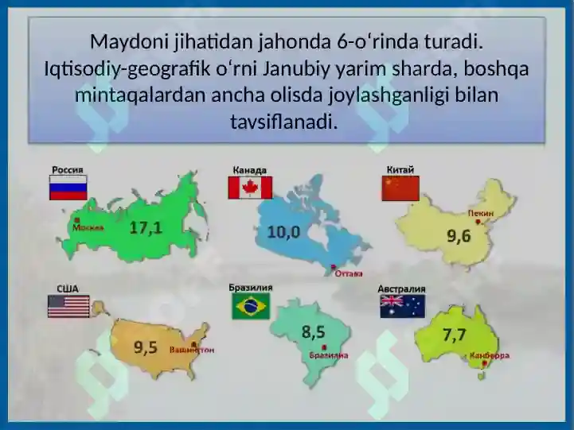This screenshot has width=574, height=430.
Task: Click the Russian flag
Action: (x=68, y=188)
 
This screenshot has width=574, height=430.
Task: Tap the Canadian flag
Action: (x=250, y=188)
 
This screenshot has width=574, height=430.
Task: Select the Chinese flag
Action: (x=400, y=188)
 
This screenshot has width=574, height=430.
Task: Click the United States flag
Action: (x=68, y=306)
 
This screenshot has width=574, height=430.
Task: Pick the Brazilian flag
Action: (x=251, y=306)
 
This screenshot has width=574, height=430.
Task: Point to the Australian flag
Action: (x=403, y=306)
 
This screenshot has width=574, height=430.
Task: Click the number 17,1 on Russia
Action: (x=146, y=228)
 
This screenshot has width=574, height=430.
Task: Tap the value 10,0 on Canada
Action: (x=283, y=232)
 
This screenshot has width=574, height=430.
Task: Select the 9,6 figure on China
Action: (x=459, y=236)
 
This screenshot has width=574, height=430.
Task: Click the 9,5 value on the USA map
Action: (x=146, y=347)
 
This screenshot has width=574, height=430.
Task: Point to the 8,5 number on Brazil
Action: (x=314, y=332)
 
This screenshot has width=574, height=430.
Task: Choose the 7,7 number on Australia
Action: (x=455, y=335)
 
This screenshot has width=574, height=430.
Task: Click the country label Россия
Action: (x=68, y=170)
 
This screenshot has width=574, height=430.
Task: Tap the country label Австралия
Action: (x=401, y=289)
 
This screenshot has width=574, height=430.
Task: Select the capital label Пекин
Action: (x=481, y=213)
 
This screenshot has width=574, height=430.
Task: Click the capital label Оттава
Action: (x=349, y=273)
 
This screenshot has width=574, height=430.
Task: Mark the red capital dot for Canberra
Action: (x=485, y=363)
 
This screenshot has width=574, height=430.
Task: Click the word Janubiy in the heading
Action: (x=296, y=68)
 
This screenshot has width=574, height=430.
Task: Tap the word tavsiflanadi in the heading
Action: (x=283, y=122)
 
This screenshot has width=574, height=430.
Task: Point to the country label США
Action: (x=68, y=289)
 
